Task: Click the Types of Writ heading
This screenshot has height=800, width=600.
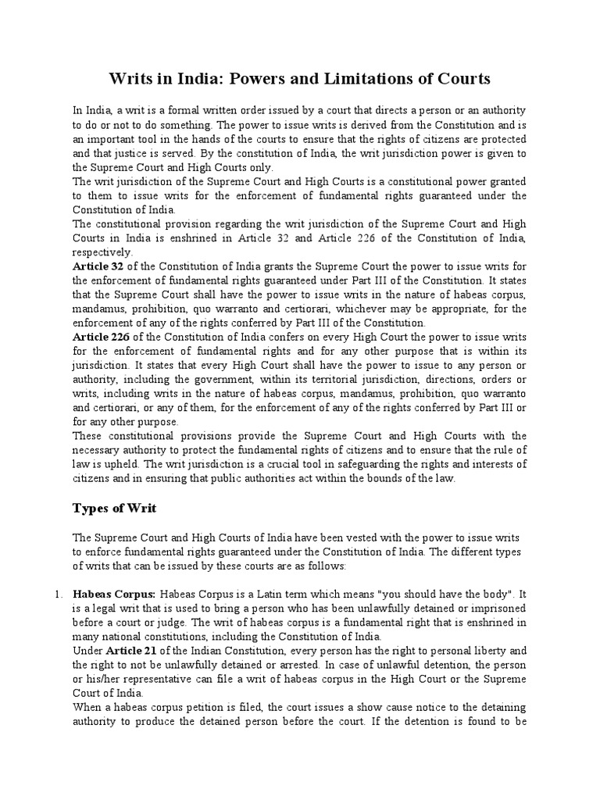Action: coord(115,508)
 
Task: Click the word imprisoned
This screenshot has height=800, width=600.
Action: coord(494,608)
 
